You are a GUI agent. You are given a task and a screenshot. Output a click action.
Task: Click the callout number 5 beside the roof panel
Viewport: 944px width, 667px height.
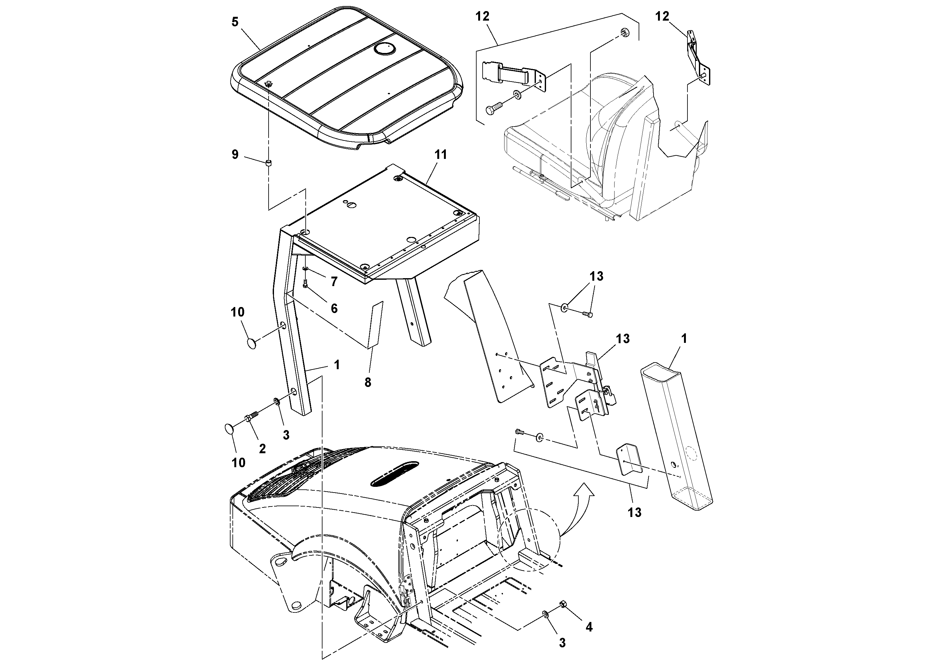coord(235,22)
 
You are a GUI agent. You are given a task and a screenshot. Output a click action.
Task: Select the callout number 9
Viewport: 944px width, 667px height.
coord(235,155)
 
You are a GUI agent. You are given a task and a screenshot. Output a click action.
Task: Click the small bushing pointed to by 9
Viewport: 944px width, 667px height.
coord(269,164)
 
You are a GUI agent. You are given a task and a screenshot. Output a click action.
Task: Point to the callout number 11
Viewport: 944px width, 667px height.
coord(441,155)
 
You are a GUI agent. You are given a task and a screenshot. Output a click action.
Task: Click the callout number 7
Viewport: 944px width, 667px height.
coord(334,282)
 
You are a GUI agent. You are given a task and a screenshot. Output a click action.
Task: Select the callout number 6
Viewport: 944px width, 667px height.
coord(334,308)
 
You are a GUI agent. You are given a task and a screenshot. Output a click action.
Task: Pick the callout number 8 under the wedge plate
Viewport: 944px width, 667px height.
coord(368,383)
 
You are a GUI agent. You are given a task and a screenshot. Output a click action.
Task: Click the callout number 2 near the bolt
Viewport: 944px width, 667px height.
coord(262,448)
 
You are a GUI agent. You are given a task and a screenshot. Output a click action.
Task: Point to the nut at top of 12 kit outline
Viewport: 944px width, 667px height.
coord(623,32)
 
